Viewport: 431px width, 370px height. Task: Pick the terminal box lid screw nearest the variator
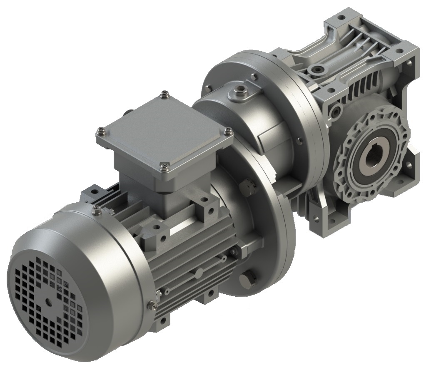pos(228,131)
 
